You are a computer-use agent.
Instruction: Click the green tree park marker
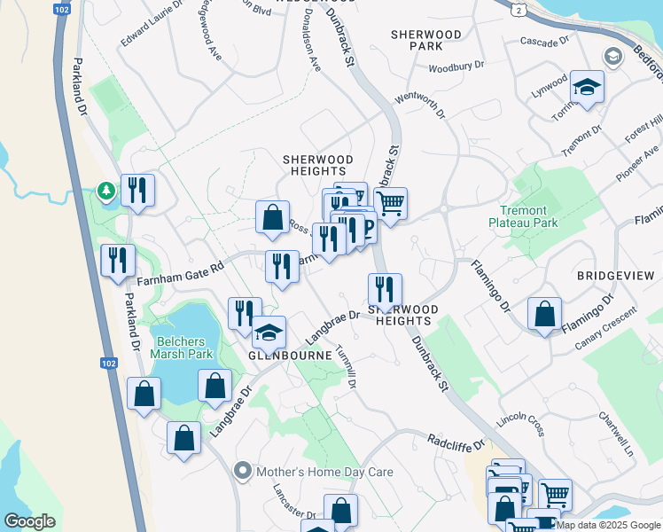point(105,192)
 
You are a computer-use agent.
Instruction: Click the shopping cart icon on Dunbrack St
point(390,203)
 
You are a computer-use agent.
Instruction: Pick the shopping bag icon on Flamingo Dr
point(544,314)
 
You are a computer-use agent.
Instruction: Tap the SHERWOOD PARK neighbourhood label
point(426,40)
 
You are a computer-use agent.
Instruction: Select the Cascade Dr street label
point(543,42)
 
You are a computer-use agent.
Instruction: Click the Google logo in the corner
point(29,521)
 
